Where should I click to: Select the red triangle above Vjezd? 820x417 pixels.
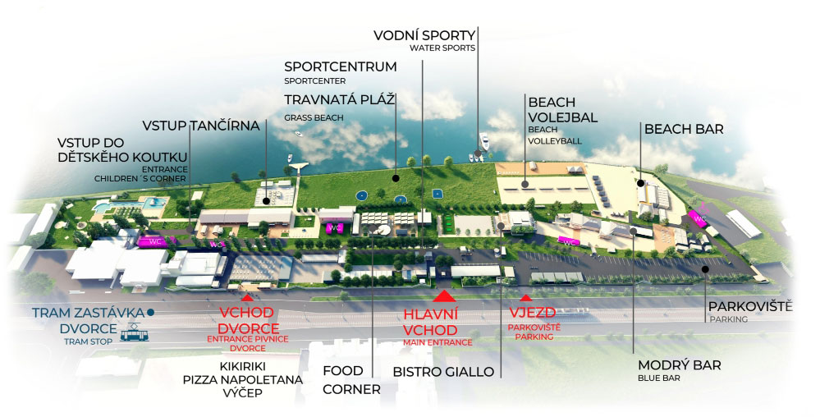pyautogui.click(x=526, y=299)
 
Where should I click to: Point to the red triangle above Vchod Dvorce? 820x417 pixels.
pyautogui.click(x=248, y=297)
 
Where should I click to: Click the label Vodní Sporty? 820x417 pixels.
pyautogui.click(x=424, y=35)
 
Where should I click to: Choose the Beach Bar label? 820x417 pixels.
pyautogui.click(x=684, y=130)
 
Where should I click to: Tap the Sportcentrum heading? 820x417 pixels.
pyautogui.click(x=340, y=66)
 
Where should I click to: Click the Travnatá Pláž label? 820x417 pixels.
pyautogui.click(x=340, y=99)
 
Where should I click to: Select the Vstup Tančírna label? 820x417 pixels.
pyautogui.click(x=201, y=126)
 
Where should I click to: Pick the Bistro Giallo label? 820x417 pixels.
pyautogui.click(x=443, y=372)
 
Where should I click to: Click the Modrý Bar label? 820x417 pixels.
pyautogui.click(x=679, y=365)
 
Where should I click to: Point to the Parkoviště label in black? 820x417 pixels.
pyautogui.click(x=750, y=306)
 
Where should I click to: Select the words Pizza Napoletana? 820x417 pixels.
pyautogui.click(x=243, y=380)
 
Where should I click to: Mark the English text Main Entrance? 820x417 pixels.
pyautogui.click(x=437, y=342)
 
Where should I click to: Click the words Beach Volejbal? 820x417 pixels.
pyautogui.click(x=563, y=110)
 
